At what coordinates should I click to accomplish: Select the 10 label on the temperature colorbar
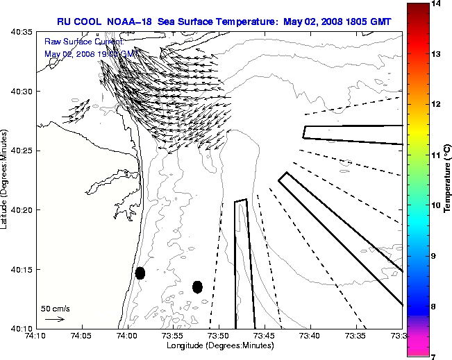[435, 205]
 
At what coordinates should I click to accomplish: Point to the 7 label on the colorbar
[435, 356]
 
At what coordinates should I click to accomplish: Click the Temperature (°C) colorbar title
[448, 178]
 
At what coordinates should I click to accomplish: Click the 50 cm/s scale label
[55, 308]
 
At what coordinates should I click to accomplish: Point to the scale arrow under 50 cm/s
[54, 319]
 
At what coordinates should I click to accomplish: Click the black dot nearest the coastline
[140, 273]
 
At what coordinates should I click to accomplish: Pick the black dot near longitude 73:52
[197, 286]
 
